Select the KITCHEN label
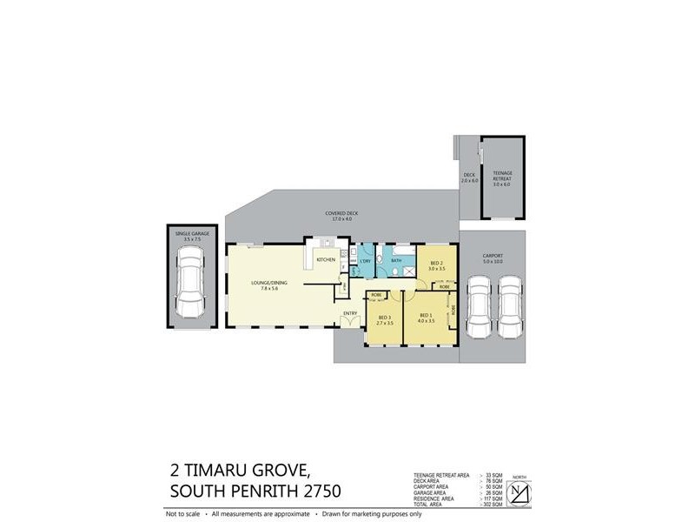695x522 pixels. click(326, 260)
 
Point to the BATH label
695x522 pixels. click(396, 260)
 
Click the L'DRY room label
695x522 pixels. click(366, 260)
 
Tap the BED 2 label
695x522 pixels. click(436, 264)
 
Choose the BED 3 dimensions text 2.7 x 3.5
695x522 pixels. click(385, 323)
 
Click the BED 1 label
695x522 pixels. click(425, 315)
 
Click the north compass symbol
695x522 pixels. click(519, 492)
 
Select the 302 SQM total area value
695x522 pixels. click(492, 505)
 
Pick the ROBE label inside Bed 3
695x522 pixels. click(376, 295)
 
